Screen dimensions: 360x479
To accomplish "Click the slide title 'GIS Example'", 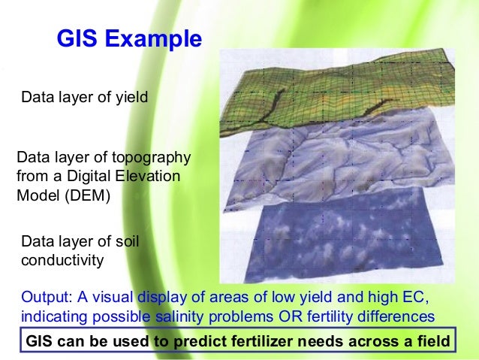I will tap(129, 39).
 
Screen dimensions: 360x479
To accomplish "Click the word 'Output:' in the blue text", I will tap(46, 295).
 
